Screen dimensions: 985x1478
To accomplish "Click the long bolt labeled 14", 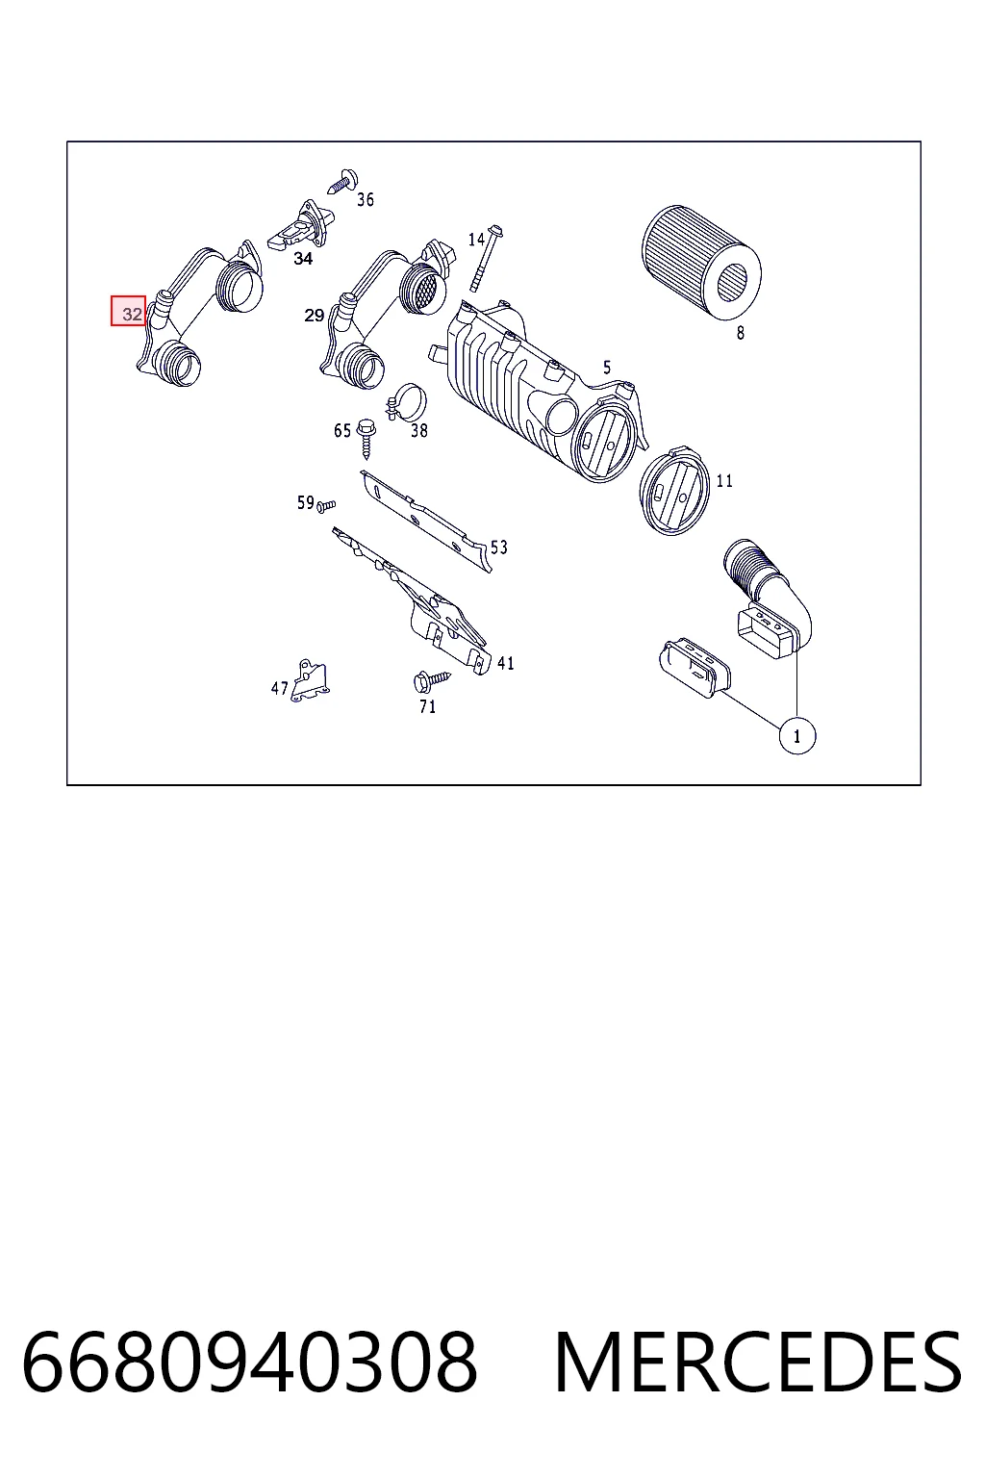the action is (x=487, y=258).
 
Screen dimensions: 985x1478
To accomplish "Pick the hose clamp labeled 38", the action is (x=406, y=401).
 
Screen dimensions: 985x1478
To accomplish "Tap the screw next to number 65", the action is (x=366, y=438).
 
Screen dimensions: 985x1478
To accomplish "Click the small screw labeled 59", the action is (x=326, y=506).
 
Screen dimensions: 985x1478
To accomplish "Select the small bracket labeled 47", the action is (x=310, y=680).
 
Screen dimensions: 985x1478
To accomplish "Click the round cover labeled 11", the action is (x=673, y=490).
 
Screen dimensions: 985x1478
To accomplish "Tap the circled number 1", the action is (x=797, y=736).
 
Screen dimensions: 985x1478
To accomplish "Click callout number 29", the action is (x=314, y=316).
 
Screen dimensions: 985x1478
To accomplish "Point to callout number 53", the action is (x=499, y=547).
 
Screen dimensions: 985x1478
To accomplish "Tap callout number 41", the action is (x=505, y=663).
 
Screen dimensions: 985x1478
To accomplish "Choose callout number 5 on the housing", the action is (x=607, y=368).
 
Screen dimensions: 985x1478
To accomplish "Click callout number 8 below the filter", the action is (x=741, y=333).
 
